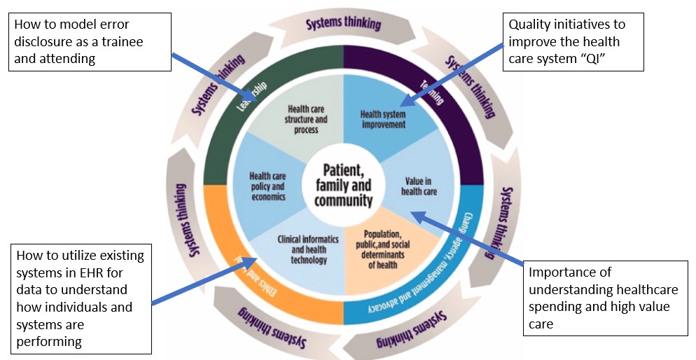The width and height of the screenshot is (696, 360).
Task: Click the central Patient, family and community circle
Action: click(342, 185)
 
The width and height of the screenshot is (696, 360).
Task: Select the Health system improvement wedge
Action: click(382, 119)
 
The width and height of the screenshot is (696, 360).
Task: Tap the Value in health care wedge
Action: click(418, 186)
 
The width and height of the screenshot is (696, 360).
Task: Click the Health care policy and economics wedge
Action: click(267, 186)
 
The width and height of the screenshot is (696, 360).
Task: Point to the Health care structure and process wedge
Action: click(302, 119)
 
